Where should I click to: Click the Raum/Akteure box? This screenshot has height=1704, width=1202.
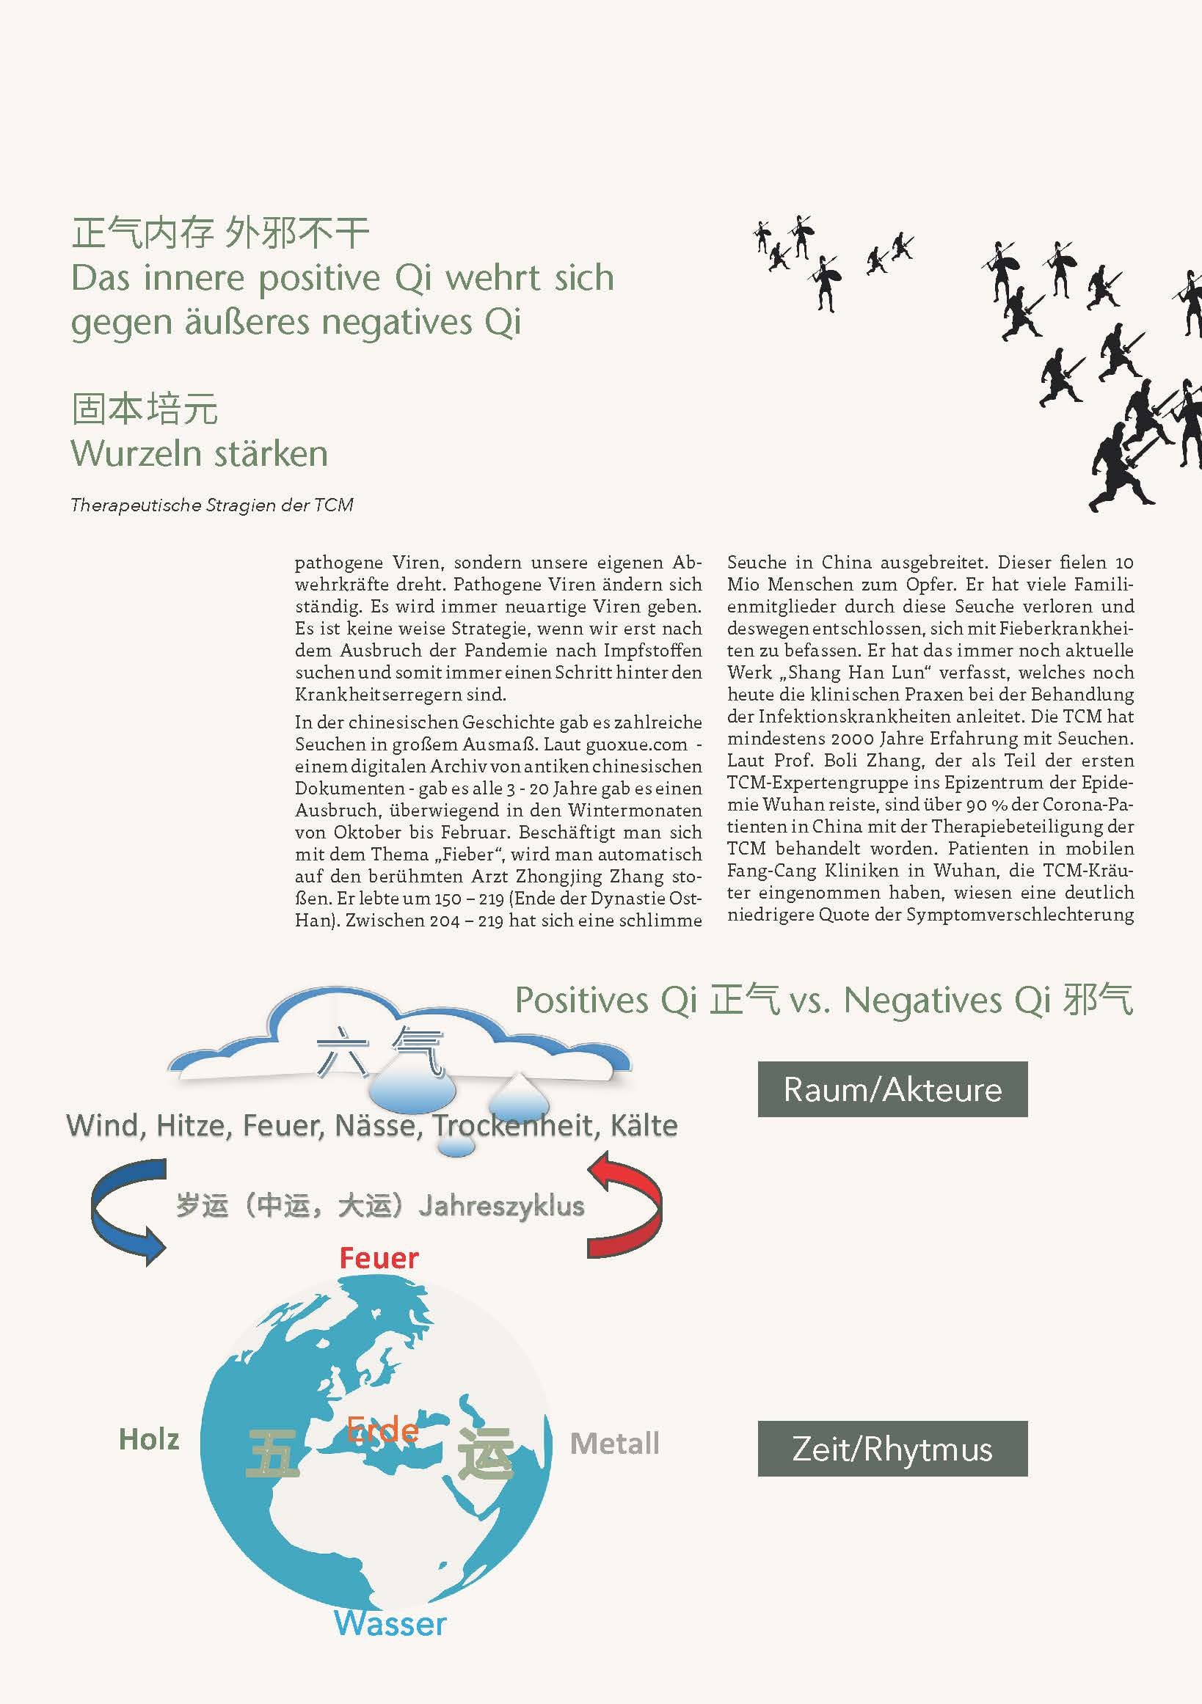tap(892, 1089)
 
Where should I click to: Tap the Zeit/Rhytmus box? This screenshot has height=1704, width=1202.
tap(892, 1448)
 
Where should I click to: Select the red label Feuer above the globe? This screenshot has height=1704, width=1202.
tap(379, 1258)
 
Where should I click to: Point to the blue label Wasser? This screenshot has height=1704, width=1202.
tap(390, 1623)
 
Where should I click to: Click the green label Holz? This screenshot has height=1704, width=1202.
tap(149, 1440)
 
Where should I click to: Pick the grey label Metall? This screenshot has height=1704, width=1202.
tap(615, 1444)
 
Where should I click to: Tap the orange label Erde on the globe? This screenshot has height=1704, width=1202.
tap(383, 1430)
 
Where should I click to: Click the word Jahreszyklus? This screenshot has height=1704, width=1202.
tap(502, 1206)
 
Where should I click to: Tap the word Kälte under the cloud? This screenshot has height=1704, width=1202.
tap(644, 1126)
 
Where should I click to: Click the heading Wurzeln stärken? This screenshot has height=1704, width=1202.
tap(199, 453)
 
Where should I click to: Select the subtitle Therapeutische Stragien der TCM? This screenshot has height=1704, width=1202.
tap(211, 505)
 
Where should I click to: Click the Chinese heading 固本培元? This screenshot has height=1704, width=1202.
tap(145, 409)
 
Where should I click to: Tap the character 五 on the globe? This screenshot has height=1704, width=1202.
tap(272, 1453)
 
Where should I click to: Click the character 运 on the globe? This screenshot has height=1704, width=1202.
tap(485, 1453)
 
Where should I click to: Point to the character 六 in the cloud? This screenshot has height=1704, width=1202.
tap(342, 1052)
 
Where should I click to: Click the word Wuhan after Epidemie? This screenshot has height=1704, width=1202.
tap(793, 805)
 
